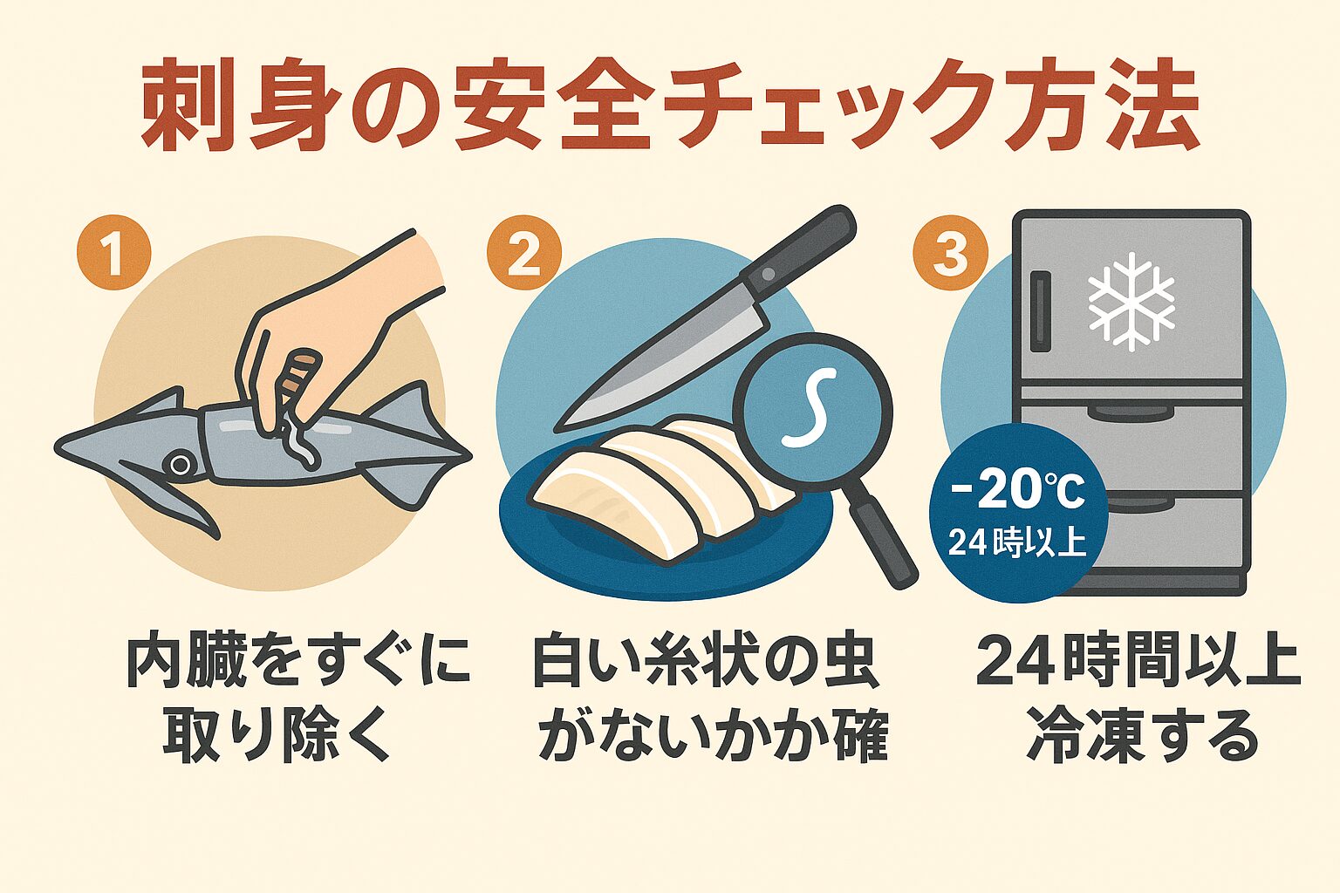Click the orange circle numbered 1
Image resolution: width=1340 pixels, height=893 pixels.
pyautogui.click(x=113, y=254)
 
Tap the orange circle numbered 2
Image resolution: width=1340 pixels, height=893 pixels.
pyautogui.click(x=523, y=254)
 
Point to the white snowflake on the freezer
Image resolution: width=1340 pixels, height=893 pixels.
pyautogui.click(x=1131, y=302)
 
